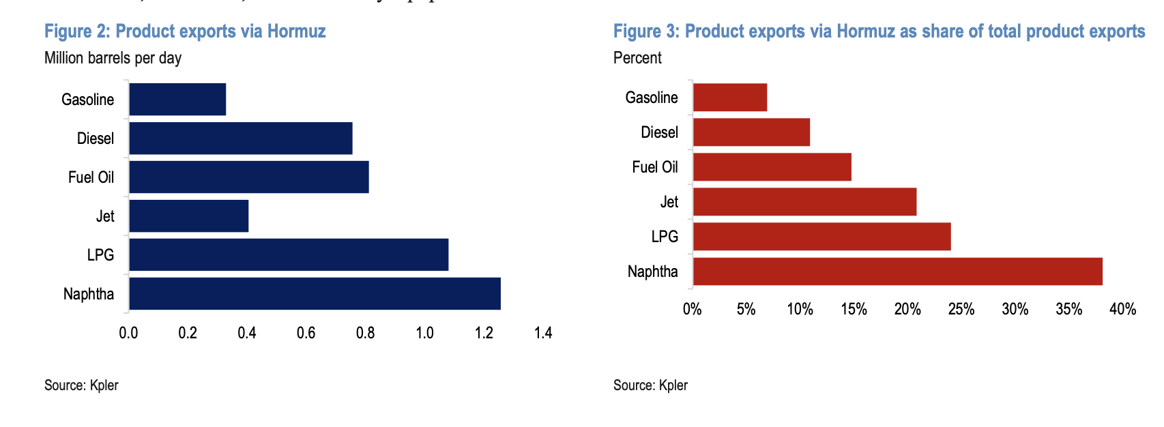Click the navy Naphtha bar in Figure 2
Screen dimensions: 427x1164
315,293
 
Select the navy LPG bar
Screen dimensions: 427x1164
289,254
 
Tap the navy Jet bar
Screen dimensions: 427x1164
188,216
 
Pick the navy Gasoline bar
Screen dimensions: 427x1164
177,99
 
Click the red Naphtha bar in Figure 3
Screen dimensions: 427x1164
897,271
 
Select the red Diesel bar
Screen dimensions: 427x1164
751,132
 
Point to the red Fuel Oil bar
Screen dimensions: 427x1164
772,167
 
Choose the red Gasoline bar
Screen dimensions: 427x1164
730,98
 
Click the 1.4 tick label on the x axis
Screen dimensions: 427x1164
543,333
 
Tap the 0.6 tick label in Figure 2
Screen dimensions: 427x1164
306,333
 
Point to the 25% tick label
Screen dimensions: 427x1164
961,309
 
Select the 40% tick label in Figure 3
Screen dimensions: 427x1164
1122,309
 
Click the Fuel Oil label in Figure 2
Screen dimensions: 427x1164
91,177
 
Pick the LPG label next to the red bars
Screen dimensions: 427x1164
665,237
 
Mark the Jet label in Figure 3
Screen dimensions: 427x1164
669,202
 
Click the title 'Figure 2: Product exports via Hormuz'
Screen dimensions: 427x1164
185,31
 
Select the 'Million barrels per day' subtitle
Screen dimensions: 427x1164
113,58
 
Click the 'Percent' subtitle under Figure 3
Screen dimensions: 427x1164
637,58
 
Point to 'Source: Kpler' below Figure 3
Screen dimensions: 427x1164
650,385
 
